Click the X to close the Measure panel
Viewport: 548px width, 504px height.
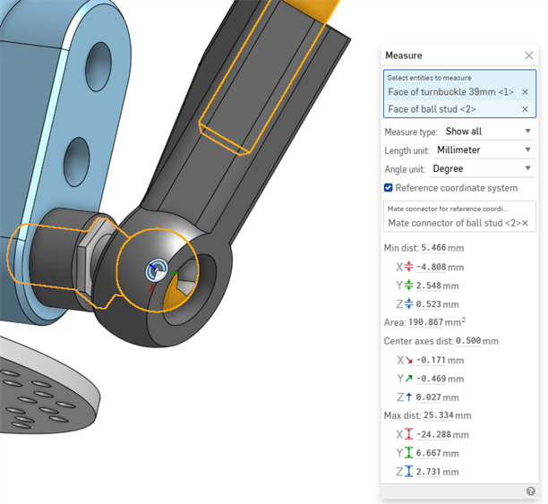[x=528, y=56]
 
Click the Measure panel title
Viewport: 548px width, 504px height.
[x=404, y=56]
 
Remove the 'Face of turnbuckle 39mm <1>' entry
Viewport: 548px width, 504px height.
[x=525, y=91]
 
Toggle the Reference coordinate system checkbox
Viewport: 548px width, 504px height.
[x=389, y=188]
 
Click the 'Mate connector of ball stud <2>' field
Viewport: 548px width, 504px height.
[x=452, y=223]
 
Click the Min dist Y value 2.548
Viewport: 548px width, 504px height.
[x=432, y=286]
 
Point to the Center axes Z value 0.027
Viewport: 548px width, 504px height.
[x=432, y=397]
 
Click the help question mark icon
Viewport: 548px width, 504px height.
[x=530, y=491]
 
